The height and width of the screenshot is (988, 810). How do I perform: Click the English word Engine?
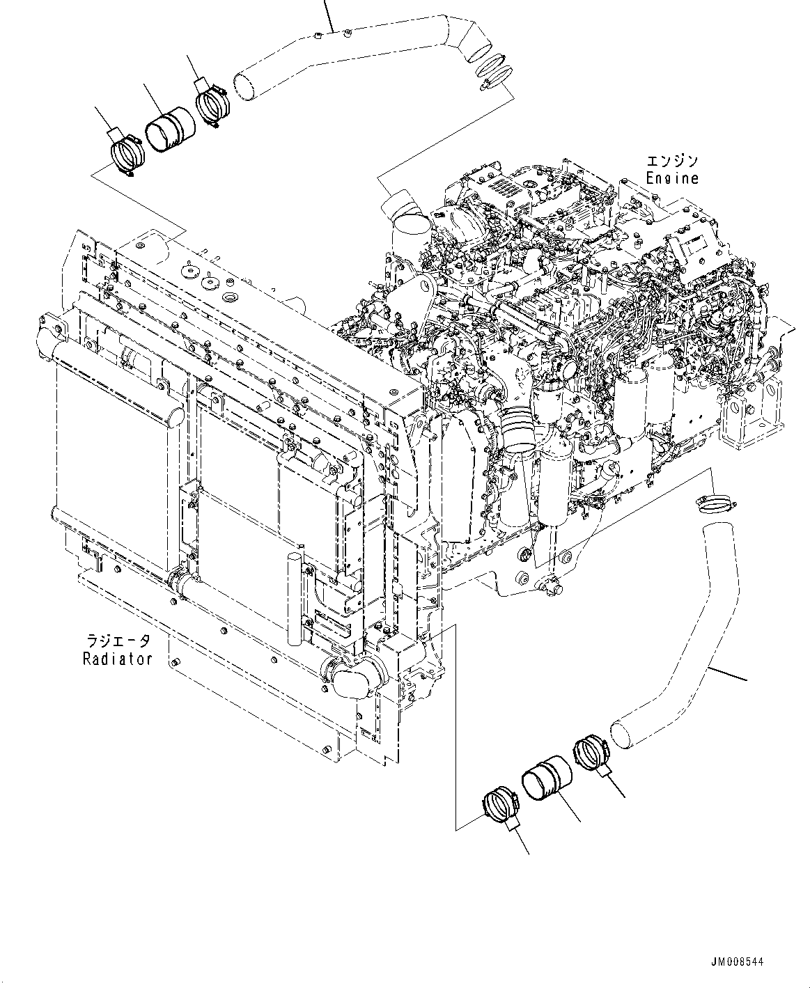[671, 178]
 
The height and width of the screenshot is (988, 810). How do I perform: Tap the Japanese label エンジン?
[671, 162]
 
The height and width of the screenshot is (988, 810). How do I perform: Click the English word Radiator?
[117, 659]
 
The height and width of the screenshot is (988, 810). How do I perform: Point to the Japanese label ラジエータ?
[117, 641]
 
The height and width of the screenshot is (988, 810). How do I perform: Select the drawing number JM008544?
[738, 962]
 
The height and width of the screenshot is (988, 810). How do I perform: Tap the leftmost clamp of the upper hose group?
[127, 154]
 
